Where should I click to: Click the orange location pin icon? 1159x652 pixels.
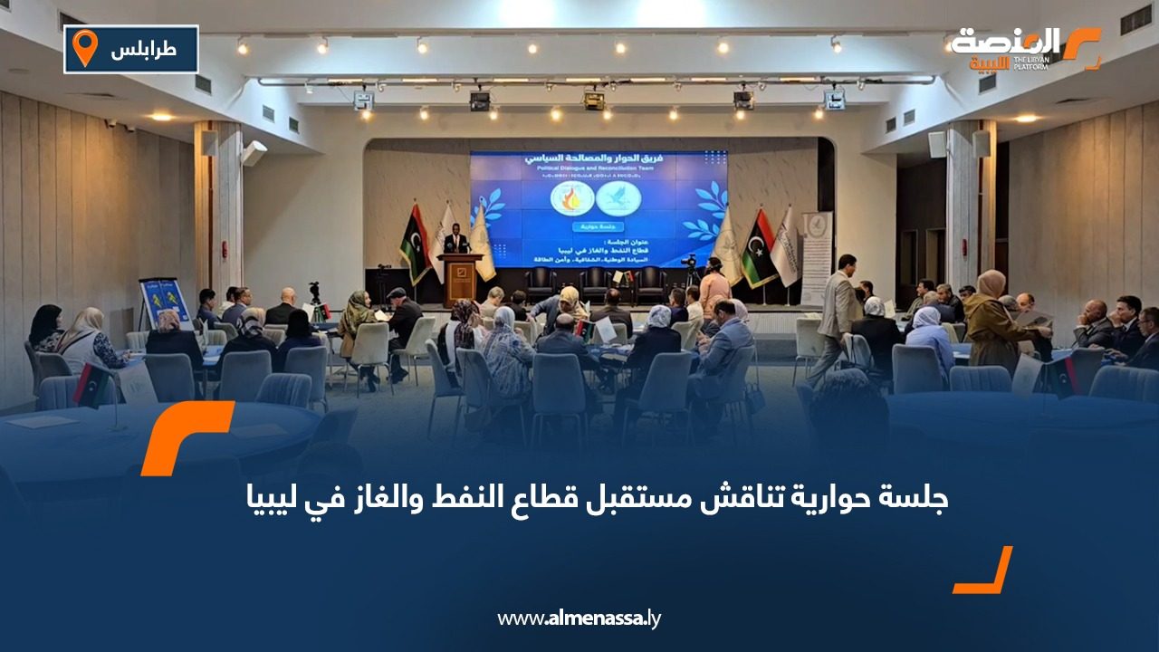tap(84, 48)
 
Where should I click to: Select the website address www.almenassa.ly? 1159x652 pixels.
tap(579, 618)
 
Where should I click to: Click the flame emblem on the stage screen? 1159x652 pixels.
tap(572, 198)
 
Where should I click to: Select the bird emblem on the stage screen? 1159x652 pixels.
tap(619, 198)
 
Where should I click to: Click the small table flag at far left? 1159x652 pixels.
tap(91, 384)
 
